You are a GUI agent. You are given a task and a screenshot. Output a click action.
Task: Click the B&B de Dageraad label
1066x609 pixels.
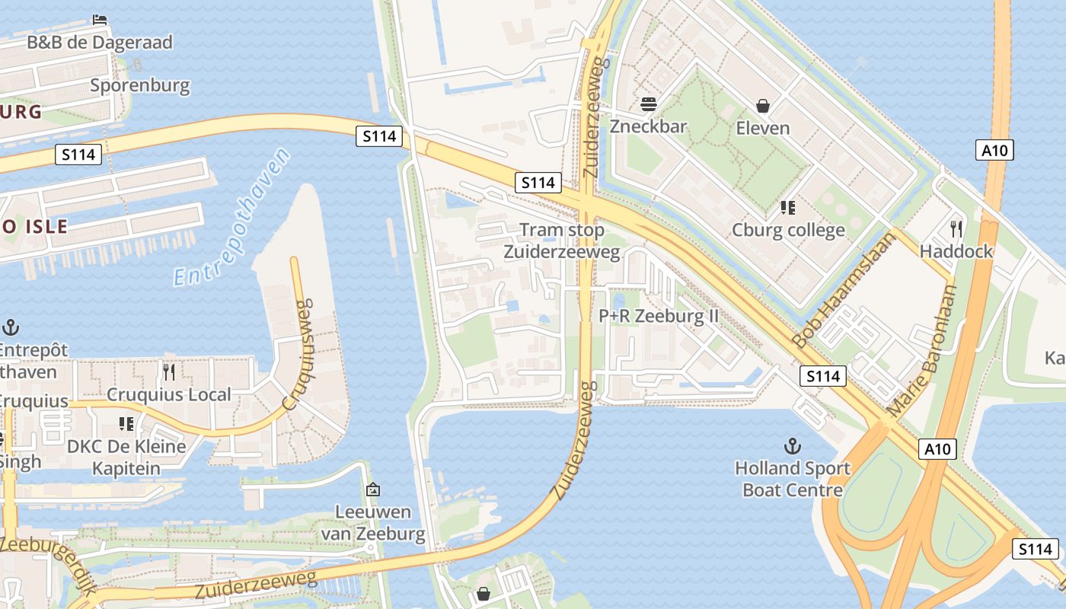pos(100,42)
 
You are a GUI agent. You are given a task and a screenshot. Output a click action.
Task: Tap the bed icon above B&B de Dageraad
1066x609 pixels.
pos(100,19)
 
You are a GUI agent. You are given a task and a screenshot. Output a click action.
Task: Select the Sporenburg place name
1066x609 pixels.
pos(140,84)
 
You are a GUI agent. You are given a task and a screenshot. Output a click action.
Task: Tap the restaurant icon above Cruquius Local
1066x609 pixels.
pos(169,371)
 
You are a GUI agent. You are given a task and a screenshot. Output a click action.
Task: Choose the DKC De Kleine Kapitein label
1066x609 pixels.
pos(126,457)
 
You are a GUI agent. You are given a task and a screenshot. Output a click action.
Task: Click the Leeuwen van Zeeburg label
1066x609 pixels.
pos(373,522)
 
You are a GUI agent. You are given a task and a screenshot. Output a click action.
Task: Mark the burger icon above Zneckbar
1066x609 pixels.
pos(649,104)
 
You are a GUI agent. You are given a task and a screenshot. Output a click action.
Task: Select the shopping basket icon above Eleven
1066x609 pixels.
pos(763,106)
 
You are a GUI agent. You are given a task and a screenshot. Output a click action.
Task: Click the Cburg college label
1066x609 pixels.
pos(788,230)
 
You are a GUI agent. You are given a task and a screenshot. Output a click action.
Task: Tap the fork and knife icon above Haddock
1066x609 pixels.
pos(956,228)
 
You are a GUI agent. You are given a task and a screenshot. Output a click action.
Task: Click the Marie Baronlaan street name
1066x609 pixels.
pos(923,350)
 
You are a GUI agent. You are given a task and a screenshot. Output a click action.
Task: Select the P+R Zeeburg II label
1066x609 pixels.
pos(659,315)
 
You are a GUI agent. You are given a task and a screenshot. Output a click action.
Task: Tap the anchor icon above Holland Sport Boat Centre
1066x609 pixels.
pos(793,445)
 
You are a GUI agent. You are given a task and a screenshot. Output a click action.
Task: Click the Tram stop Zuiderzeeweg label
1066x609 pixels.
pos(562,241)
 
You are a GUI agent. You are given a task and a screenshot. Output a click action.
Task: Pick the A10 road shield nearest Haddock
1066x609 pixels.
pos(994,150)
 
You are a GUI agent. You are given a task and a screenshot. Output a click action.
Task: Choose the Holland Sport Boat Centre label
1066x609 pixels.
pos(793,478)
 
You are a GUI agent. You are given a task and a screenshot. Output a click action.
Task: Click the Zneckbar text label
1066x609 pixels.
pos(649,126)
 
